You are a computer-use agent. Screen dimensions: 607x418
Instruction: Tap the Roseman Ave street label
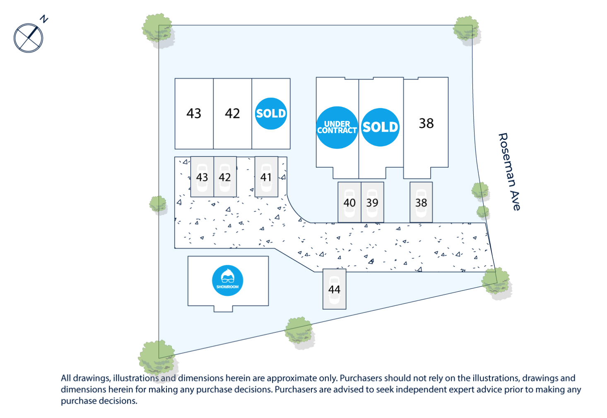pyautogui.click(x=509, y=172)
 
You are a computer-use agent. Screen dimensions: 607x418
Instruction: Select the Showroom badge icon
pyautogui.click(x=228, y=280)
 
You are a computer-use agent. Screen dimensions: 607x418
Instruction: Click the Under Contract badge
pyautogui.click(x=337, y=127)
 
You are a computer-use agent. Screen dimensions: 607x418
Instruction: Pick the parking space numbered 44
pyautogui.click(x=335, y=289)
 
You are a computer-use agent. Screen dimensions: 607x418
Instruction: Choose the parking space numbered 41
pyautogui.click(x=266, y=177)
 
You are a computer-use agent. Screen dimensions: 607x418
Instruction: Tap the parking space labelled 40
pyautogui.click(x=349, y=202)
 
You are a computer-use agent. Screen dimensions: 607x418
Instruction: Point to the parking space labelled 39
pyautogui.click(x=372, y=202)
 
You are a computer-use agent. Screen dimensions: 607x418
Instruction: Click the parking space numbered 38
pyautogui.click(x=421, y=202)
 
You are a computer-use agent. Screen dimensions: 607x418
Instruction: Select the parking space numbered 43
pyautogui.click(x=202, y=177)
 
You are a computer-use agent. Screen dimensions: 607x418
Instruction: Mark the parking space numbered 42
pyautogui.click(x=225, y=177)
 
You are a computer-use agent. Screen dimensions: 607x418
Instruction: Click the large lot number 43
pyautogui.click(x=194, y=113)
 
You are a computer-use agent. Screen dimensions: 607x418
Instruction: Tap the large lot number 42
pyautogui.click(x=232, y=113)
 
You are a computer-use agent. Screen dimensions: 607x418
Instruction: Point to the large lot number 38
pyautogui.click(x=426, y=123)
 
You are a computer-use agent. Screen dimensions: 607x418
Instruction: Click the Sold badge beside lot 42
pyautogui.click(x=271, y=113)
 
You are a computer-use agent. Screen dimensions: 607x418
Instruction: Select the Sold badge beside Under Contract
pyautogui.click(x=380, y=127)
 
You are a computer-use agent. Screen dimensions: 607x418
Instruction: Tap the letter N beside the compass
pyautogui.click(x=44, y=19)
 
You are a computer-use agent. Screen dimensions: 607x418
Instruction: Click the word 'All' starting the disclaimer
pyautogui.click(x=66, y=378)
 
